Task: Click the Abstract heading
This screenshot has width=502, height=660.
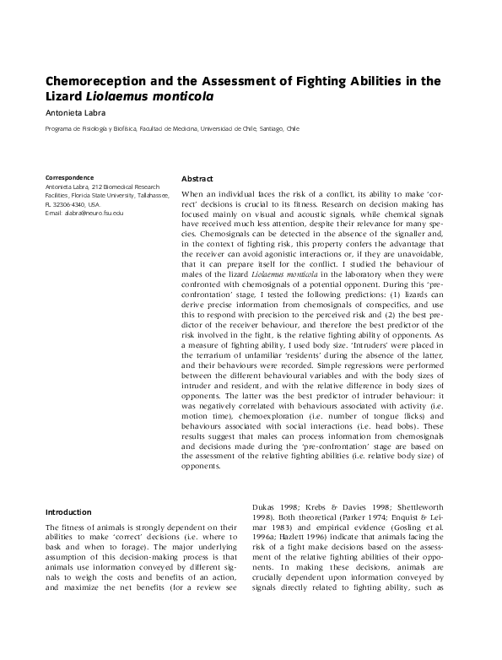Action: (x=197, y=179)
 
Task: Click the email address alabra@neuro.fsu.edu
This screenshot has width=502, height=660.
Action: (x=88, y=213)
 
